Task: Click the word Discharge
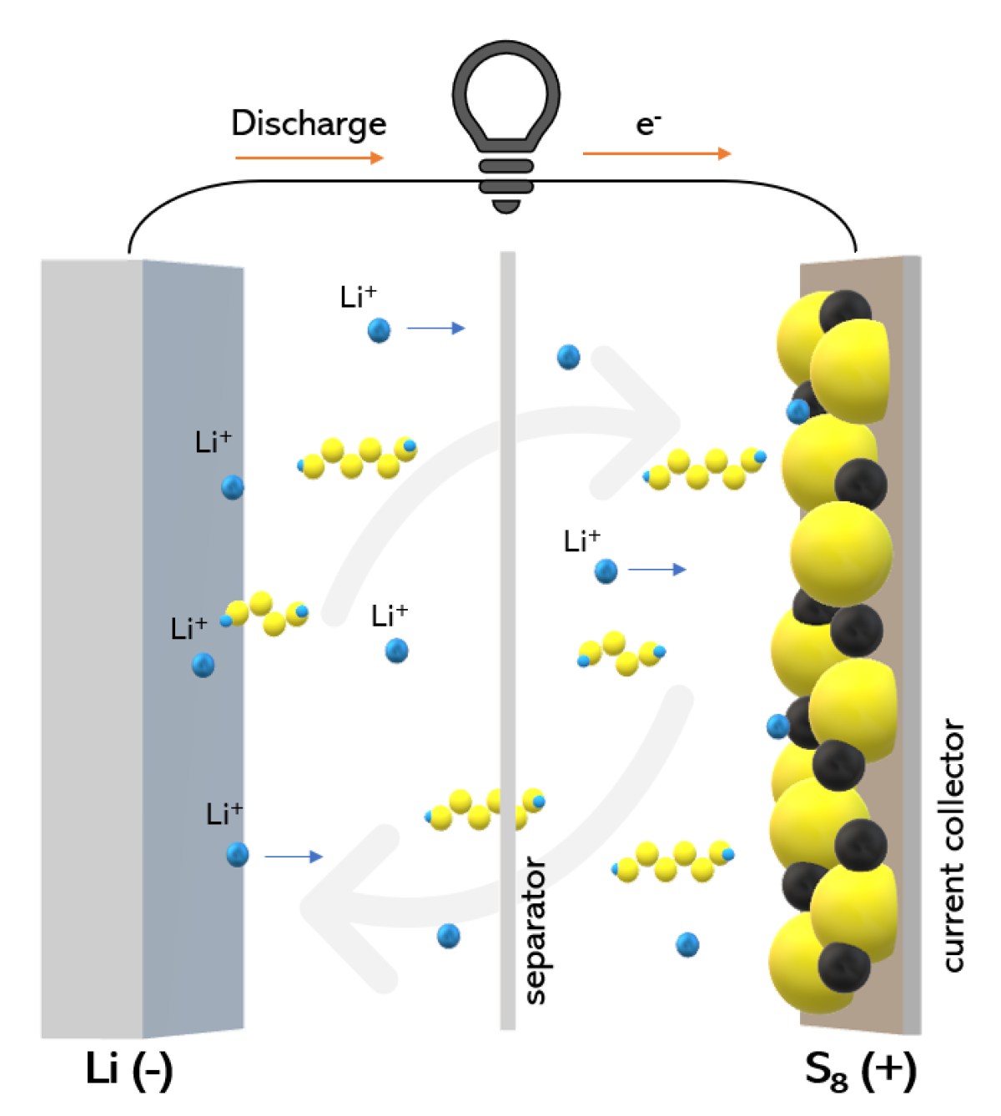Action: pos(309,123)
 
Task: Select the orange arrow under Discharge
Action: pos(309,157)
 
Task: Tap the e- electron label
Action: pos(648,124)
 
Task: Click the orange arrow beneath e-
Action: pos(656,153)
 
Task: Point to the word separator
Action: pos(535,930)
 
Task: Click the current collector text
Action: pos(953,844)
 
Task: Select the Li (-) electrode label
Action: pos(129,1069)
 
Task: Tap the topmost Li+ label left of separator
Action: pos(359,297)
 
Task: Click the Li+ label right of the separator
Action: pos(581,541)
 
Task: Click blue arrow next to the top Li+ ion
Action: pos(435,329)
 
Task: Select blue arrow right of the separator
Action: pos(656,570)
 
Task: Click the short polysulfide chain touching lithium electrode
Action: pos(265,613)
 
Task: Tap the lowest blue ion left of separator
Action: pos(449,936)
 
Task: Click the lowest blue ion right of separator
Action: pos(687,945)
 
